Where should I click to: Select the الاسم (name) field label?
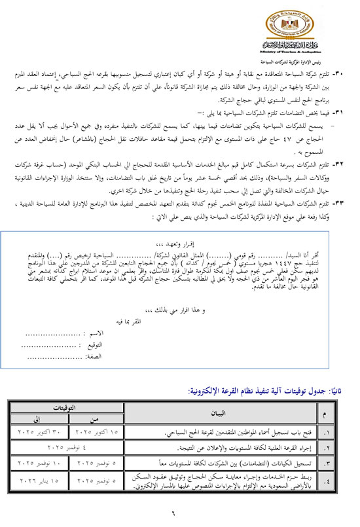92,333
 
